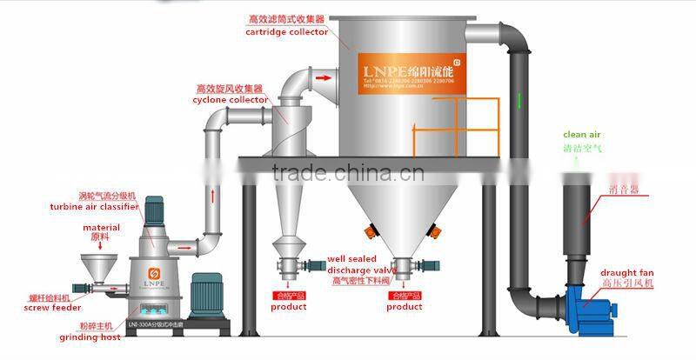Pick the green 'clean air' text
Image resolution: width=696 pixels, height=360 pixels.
click(582, 135)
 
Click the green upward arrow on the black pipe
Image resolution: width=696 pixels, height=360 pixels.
click(519, 100)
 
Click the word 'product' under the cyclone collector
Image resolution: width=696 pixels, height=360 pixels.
click(288, 306)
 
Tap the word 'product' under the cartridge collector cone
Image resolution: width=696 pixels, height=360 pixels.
click(405, 306)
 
